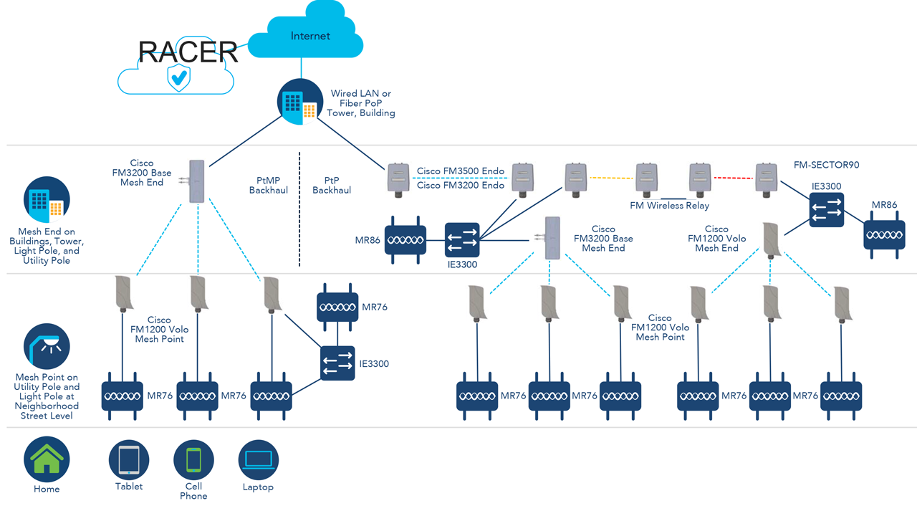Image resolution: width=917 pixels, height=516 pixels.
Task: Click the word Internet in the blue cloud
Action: point(310,36)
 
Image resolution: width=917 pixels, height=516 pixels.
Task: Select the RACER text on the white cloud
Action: point(188,52)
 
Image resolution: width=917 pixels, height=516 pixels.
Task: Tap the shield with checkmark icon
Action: point(178,77)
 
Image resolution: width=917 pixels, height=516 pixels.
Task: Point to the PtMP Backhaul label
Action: point(268,186)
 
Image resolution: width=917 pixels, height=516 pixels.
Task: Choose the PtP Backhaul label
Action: point(331,186)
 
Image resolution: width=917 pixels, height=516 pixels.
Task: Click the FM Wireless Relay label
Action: point(669,206)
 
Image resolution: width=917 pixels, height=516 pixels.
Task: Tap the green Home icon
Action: point(47,459)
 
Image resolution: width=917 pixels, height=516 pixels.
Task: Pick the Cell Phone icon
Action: point(193,460)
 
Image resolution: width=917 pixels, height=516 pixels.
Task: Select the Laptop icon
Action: point(258,460)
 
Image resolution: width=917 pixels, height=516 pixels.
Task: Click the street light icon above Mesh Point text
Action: point(47,346)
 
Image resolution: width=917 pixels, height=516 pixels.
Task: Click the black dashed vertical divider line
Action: point(299,208)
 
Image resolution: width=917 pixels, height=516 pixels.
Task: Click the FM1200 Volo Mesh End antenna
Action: point(771,239)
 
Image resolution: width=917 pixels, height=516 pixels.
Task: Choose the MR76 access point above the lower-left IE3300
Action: point(337,307)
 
